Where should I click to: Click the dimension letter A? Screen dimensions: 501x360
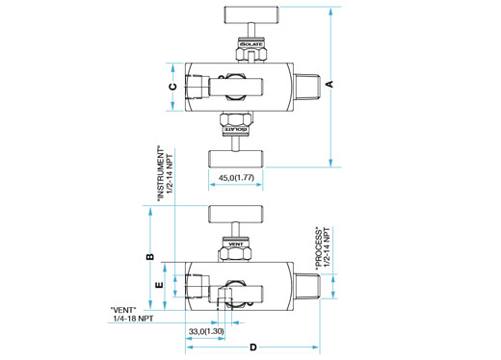[330, 84]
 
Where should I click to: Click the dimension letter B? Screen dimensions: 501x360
[150, 257]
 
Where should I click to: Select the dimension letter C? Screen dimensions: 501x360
[172, 87]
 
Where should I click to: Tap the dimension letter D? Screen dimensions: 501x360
[253, 347]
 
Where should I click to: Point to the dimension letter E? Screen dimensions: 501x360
[159, 285]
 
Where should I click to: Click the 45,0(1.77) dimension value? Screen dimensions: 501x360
[236, 177]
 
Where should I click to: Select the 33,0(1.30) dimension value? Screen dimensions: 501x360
[206, 331]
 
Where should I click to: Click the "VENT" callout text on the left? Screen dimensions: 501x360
[123, 310]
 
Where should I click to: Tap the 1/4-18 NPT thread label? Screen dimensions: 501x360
[133, 319]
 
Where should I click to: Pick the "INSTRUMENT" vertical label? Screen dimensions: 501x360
[160, 173]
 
